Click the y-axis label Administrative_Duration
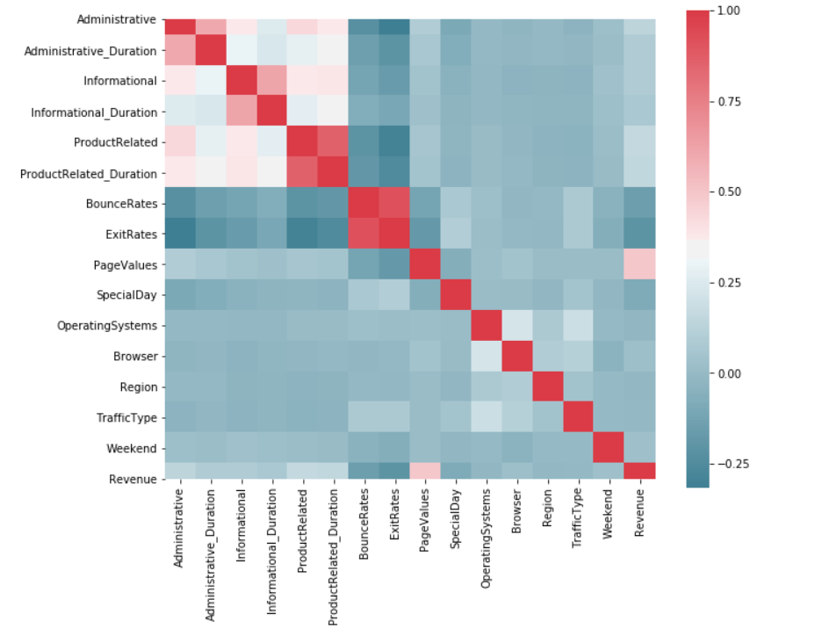click(x=91, y=51)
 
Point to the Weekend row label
click(x=133, y=448)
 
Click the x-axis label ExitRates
click(x=393, y=526)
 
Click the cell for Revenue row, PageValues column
click(x=423, y=479)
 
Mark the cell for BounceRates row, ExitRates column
click(x=393, y=203)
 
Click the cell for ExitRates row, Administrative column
click(x=179, y=235)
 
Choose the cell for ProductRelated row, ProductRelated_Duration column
click(x=332, y=143)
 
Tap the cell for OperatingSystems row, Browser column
click(x=516, y=327)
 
